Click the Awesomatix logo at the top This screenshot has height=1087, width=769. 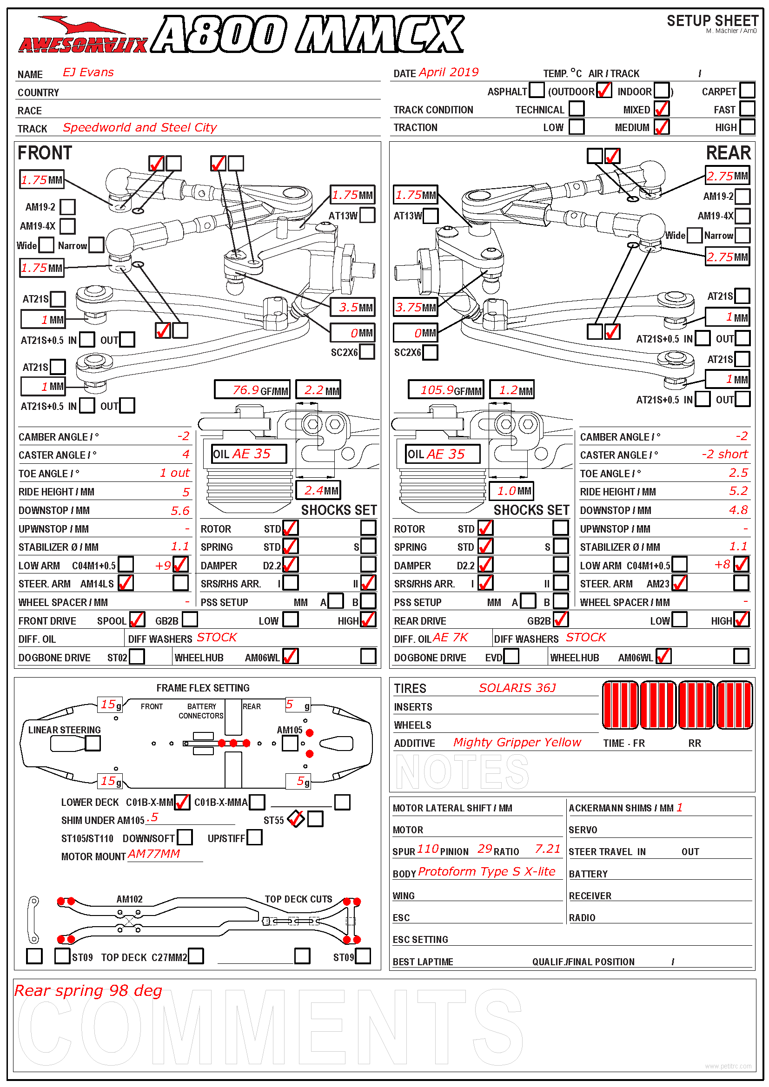click(83, 35)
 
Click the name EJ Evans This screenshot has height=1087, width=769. click(88, 72)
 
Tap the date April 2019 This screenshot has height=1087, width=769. click(448, 72)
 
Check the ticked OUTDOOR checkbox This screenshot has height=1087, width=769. click(604, 90)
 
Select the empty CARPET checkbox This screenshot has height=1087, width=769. click(747, 90)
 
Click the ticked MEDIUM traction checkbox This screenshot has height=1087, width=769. click(662, 127)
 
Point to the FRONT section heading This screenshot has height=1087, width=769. click(45, 153)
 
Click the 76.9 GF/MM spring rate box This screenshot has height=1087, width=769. click(252, 390)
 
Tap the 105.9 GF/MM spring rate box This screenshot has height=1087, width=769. click(445, 390)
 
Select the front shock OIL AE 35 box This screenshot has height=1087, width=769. click(249, 454)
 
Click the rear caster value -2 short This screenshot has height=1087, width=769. click(724, 455)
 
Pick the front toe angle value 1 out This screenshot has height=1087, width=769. click(174, 473)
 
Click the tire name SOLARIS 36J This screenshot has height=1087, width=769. click(517, 688)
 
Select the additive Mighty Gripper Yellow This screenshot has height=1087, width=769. click(517, 742)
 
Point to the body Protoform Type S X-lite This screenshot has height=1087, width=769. click(486, 872)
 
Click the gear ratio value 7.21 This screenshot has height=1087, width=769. click(547, 850)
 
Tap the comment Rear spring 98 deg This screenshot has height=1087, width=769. click(88, 991)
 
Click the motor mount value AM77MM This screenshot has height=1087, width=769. click(154, 854)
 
